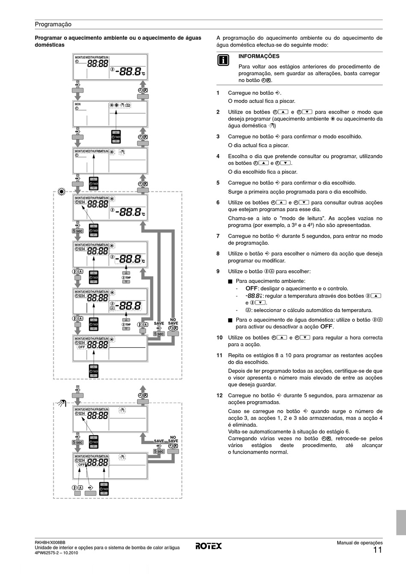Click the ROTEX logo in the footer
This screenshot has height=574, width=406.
pos(209,546)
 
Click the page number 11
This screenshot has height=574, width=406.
pos(377,550)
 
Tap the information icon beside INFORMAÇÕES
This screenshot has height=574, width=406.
pos(223,60)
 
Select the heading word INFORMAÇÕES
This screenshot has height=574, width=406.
pos(259,56)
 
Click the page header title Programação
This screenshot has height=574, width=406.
pos(53,24)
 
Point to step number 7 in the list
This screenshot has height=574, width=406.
pos(218,236)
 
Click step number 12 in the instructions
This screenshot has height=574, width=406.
pos(219,395)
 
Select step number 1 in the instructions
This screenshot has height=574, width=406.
pos(218,93)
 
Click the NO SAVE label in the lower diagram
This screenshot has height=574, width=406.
pos(173,439)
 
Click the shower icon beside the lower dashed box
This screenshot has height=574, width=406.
pos(62,403)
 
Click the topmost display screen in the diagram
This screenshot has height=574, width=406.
pos(111,67)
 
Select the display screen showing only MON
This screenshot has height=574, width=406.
pos(111,114)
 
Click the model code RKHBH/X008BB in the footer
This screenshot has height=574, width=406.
pos(50,542)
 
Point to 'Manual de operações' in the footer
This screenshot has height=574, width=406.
pos(359,542)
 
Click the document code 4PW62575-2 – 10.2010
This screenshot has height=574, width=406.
pos(56,553)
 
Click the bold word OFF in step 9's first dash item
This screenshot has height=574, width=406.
pos(251,288)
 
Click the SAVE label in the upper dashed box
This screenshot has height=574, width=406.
pos(159,323)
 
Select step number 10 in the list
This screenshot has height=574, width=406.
pos(219,338)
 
